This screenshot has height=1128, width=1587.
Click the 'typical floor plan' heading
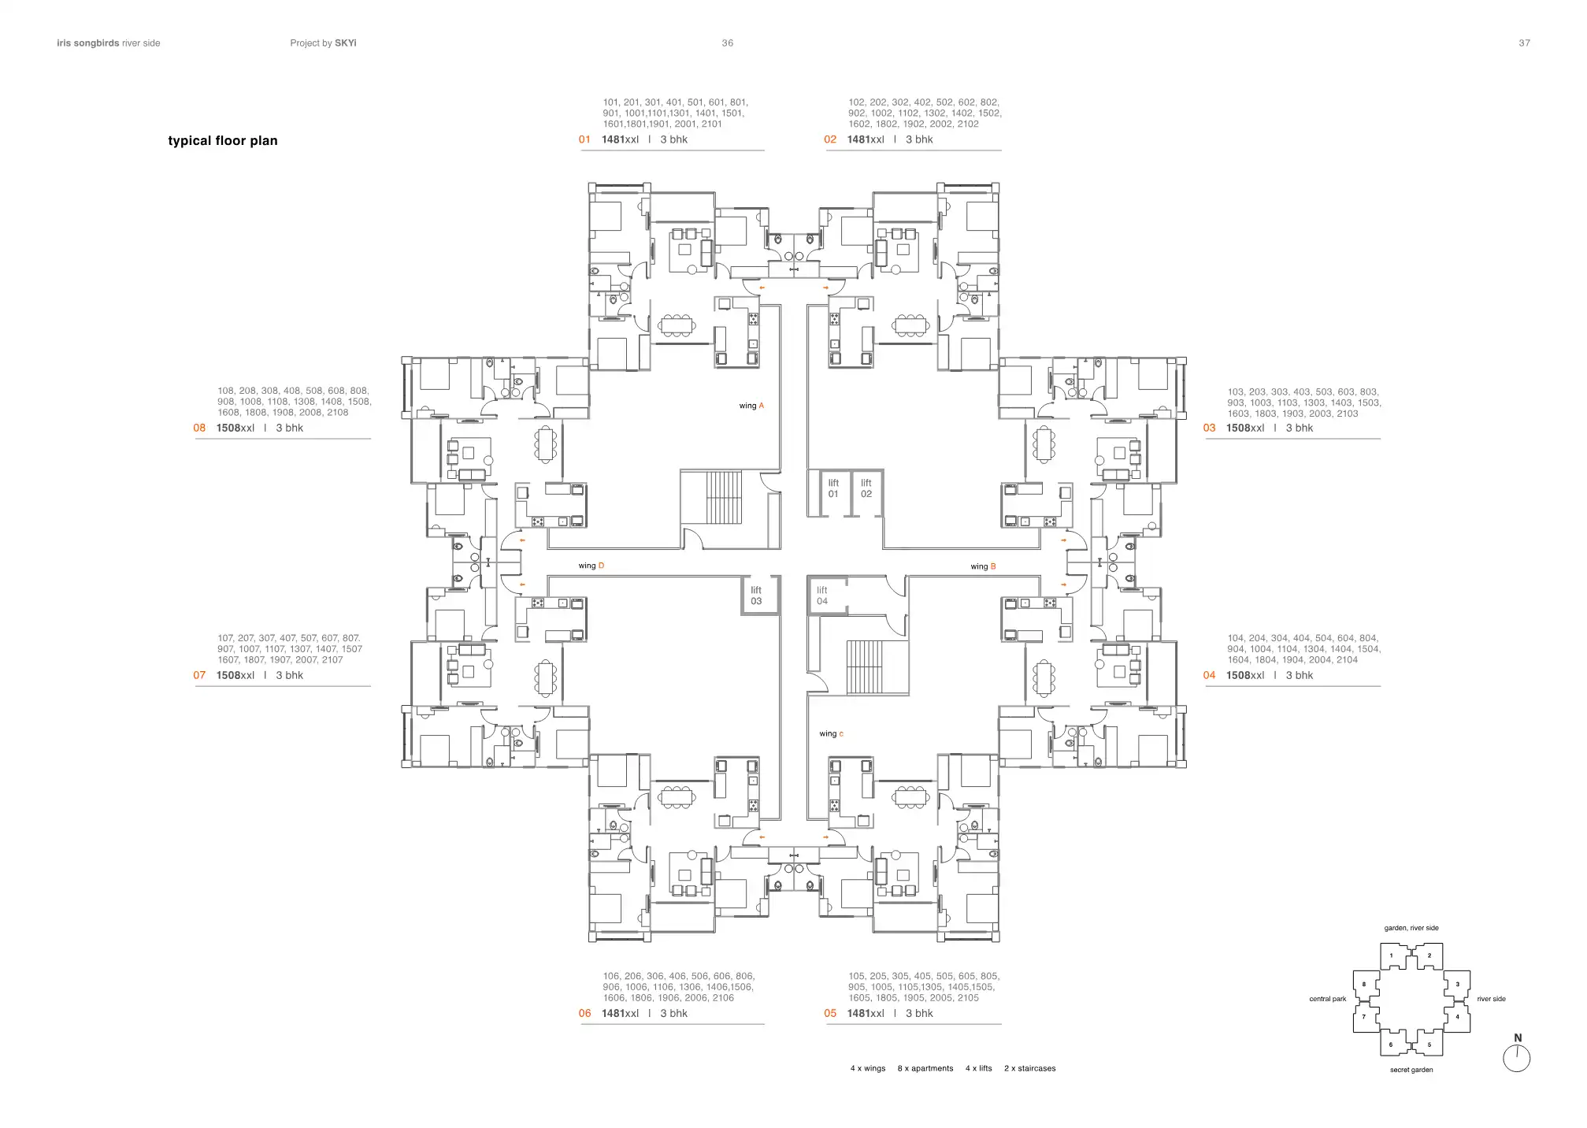223,141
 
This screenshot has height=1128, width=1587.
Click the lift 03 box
756,596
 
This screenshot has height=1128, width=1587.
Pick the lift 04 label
822,596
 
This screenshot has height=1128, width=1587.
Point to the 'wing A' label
751,406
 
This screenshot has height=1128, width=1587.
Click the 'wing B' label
983,566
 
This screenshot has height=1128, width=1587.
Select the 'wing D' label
591,566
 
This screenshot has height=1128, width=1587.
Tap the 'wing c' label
831,733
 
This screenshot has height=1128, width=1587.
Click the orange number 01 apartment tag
584,139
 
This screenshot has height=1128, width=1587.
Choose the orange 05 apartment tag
830,1013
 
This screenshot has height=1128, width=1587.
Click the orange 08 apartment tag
199,428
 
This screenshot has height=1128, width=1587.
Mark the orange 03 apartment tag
1209,428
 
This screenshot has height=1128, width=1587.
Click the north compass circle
1516,1059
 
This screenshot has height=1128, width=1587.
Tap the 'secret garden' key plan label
1411,1070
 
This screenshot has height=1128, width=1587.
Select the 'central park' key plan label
1327,999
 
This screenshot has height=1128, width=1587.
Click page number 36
727,43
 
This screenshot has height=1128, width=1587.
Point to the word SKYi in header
345,43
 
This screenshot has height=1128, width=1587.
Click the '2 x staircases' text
1029,1068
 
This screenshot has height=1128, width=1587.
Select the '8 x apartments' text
925,1068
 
